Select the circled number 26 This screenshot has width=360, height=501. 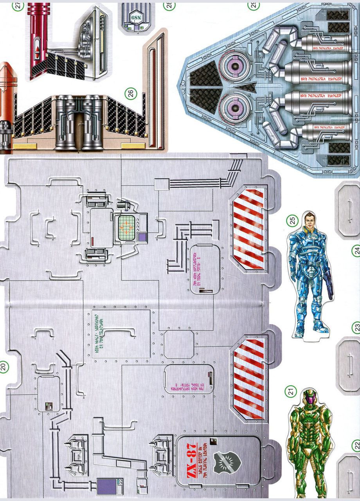131,93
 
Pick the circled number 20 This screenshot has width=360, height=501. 4,367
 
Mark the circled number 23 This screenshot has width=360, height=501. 356,327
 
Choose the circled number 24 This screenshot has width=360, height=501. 356,250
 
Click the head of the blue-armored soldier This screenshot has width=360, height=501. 309,219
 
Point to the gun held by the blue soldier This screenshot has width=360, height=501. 327,285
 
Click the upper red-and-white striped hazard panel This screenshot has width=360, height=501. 248,227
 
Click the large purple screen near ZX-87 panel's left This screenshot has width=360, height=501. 106,487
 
